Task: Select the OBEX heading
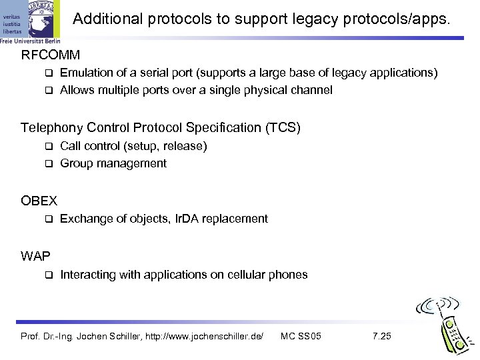point(39,199)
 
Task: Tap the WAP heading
point(35,255)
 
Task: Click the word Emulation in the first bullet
point(85,73)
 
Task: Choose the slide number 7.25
point(382,335)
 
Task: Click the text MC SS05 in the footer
point(302,335)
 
